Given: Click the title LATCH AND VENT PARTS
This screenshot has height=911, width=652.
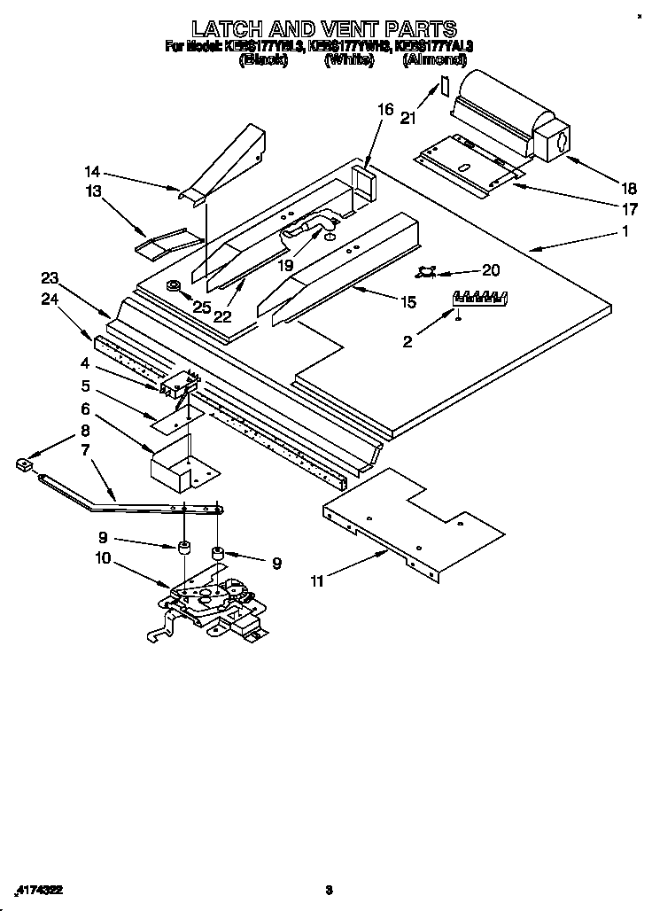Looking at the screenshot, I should click(x=325, y=28).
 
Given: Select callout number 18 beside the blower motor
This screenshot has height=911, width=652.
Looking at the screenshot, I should click(x=629, y=188).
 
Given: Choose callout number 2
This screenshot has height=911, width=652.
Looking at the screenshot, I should click(x=408, y=341).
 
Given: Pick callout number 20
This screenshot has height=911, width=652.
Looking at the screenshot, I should click(x=491, y=270).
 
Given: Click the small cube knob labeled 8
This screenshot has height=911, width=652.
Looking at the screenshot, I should click(x=24, y=463).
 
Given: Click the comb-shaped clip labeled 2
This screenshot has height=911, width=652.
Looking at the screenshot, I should click(x=478, y=298).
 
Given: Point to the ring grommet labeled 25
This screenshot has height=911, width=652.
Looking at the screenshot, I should click(x=173, y=285).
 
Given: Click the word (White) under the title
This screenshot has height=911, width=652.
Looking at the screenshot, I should click(x=348, y=60).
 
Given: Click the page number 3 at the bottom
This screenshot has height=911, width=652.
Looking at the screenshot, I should click(x=329, y=890).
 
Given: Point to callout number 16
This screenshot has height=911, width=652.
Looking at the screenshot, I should click(x=384, y=109).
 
